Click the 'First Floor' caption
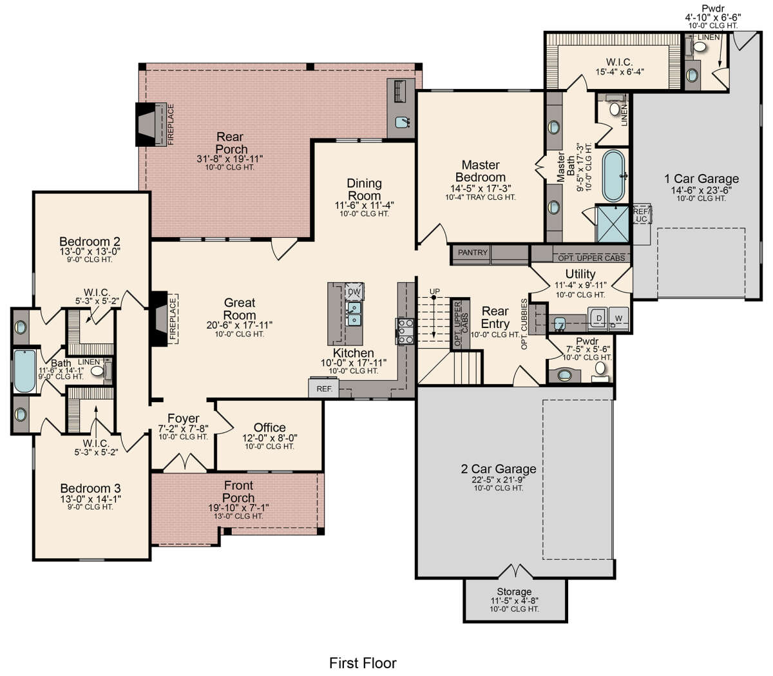[363, 662]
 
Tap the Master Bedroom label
[481, 171]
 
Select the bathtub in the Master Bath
[613, 176]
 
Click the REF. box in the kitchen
[324, 389]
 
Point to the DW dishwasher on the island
[354, 292]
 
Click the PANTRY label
[472, 253]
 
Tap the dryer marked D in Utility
[598, 318]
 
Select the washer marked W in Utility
[618, 318]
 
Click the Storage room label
[514, 592]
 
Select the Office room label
[269, 428]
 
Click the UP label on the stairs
[435, 292]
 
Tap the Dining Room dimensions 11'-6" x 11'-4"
[364, 205]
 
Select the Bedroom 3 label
[90, 488]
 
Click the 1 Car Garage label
[701, 179]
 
